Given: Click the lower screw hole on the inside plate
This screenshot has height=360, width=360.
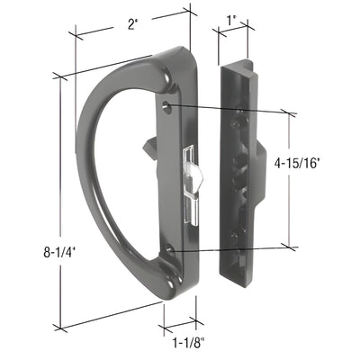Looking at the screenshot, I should pos(237,237).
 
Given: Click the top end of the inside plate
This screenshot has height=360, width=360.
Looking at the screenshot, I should pos(236,65).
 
